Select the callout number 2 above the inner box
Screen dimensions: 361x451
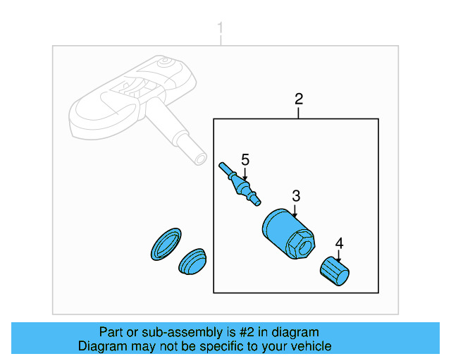coord(298,98)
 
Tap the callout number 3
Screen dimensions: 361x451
coord(296,195)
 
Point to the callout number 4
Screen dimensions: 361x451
coord(339,243)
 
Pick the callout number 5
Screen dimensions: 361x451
coord(245,159)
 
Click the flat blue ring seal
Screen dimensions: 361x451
coord(166,244)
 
